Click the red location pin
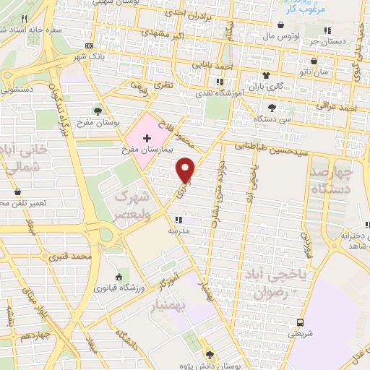[186, 169]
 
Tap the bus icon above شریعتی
[298, 322]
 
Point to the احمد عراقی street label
[342, 108]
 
